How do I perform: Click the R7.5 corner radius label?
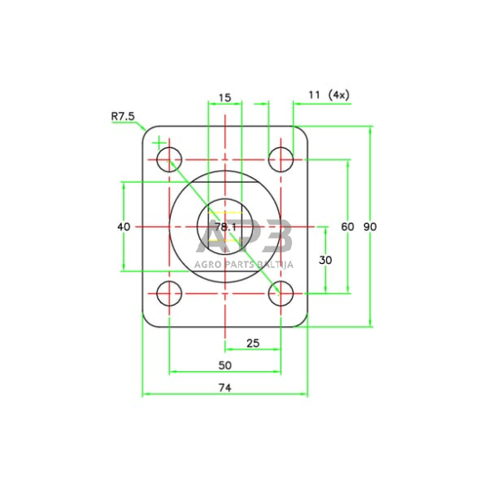pos(123,117)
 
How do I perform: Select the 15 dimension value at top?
pos(225,98)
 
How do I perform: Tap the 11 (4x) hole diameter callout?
pos(329,95)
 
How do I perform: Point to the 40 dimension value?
pos(124,227)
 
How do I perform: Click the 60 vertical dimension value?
pos(348,227)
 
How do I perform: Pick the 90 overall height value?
pos(370,227)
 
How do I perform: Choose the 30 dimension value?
pos(325,260)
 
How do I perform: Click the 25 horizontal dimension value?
pos(252,344)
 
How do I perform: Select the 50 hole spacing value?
pos(225,365)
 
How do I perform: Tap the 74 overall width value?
pos(225,388)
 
